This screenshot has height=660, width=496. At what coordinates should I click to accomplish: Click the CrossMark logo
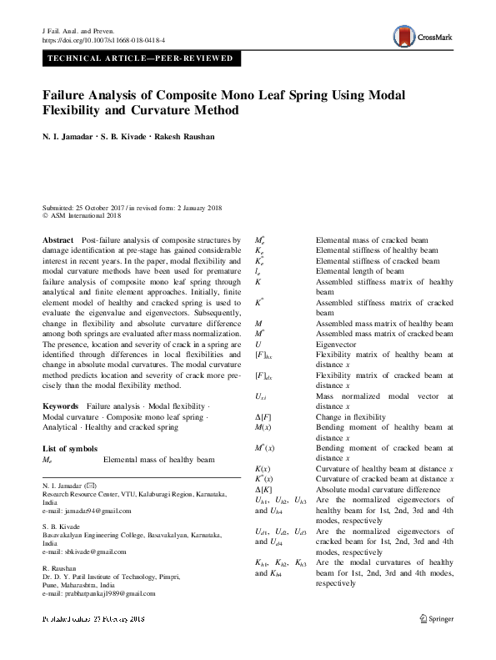tap(421, 37)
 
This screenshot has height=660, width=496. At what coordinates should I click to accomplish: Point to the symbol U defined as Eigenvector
tap(258, 343)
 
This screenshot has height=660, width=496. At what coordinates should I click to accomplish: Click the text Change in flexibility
tap(350, 416)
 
